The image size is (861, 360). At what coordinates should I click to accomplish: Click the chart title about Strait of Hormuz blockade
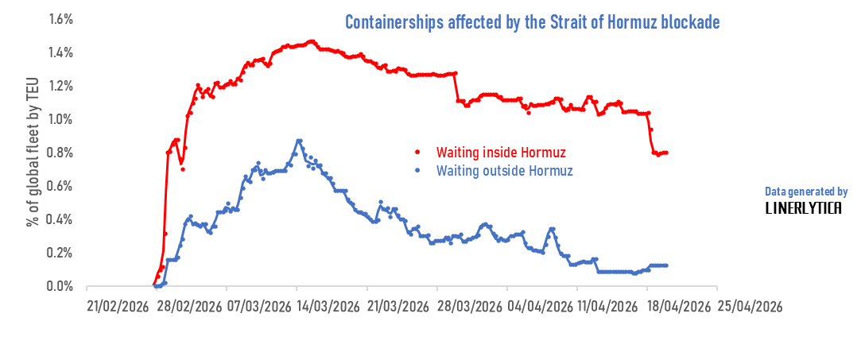pos(532,22)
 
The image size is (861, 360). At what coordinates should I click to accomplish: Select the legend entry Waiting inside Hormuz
pos(501,152)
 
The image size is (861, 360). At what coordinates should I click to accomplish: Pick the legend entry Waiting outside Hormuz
pos(505,171)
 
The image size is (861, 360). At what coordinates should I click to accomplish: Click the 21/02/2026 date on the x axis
pos(118,307)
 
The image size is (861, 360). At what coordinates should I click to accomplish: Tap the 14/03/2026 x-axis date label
pos(329,307)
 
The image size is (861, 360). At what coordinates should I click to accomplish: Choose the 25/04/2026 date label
pos(750,307)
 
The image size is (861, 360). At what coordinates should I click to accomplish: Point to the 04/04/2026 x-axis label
pos(540,307)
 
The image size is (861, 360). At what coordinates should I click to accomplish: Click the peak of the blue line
pos(299,141)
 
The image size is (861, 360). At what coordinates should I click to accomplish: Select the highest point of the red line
pos(311,41)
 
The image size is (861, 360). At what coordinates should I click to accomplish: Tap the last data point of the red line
pos(666,153)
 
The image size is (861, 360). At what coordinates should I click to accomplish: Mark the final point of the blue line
pos(666,265)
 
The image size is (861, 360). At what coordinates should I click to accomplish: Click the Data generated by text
pos(806,192)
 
